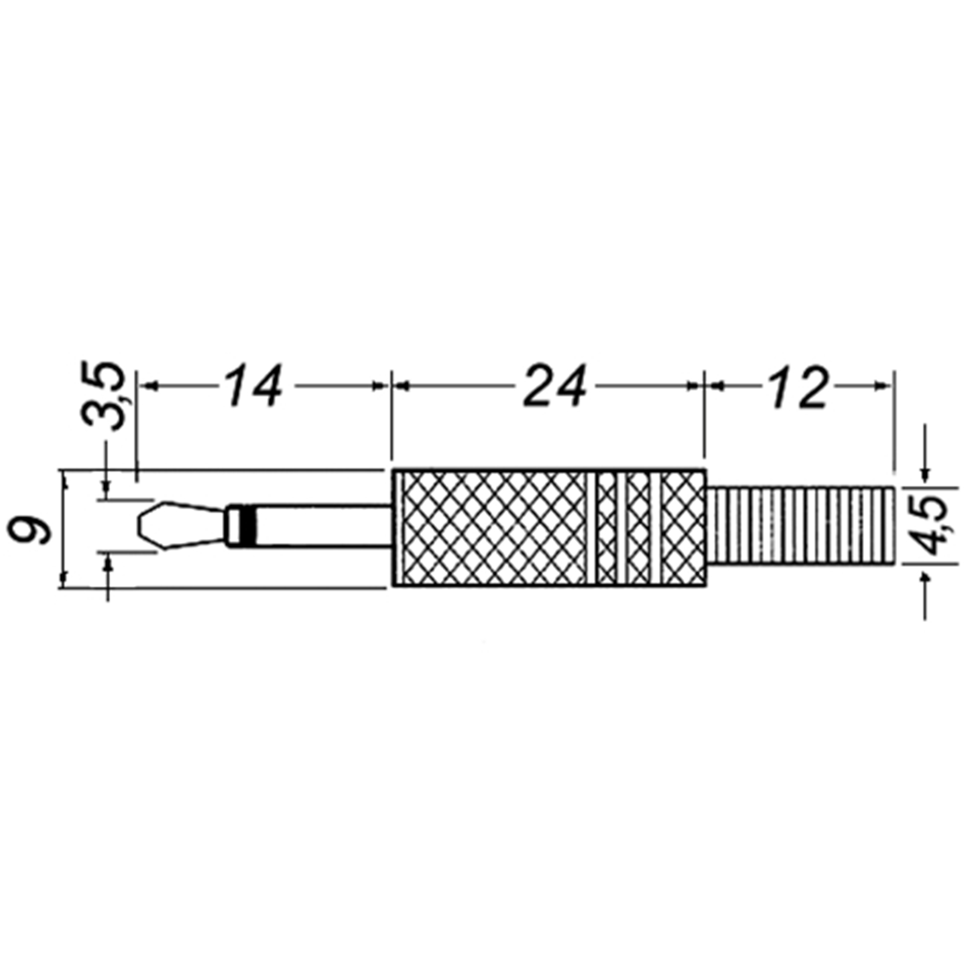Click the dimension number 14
coord(254,386)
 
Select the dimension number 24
coord(555,386)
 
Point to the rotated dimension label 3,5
coord(102,395)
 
